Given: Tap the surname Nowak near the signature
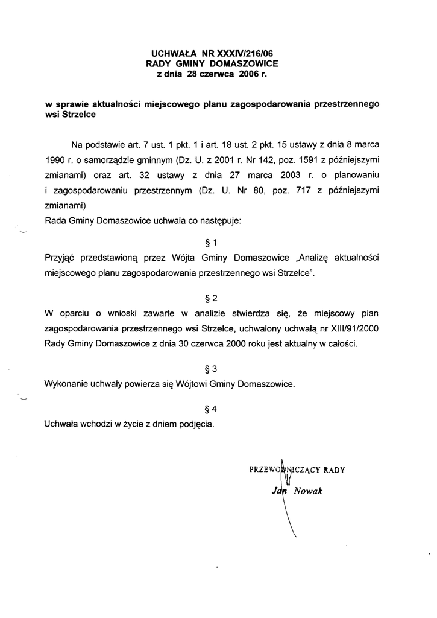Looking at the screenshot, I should click(309, 491).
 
